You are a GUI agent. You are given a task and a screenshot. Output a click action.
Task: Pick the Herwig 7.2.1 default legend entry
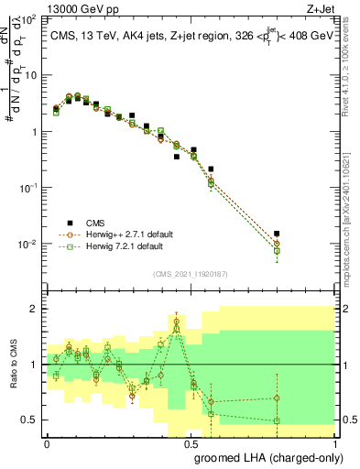coord(125,246)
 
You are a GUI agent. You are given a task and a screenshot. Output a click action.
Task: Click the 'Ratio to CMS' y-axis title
coord(12,365)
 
